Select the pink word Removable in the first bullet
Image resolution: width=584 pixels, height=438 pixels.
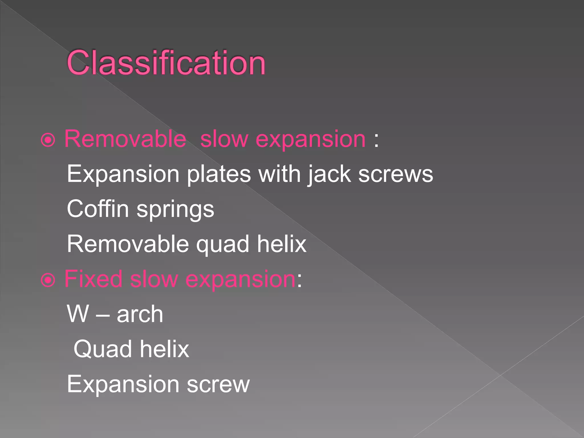coord(125,139)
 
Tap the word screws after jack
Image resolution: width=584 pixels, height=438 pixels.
coord(396,175)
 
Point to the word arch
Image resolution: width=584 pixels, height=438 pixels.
coord(140,314)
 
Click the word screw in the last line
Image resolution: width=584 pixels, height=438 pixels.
coord(218,385)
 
